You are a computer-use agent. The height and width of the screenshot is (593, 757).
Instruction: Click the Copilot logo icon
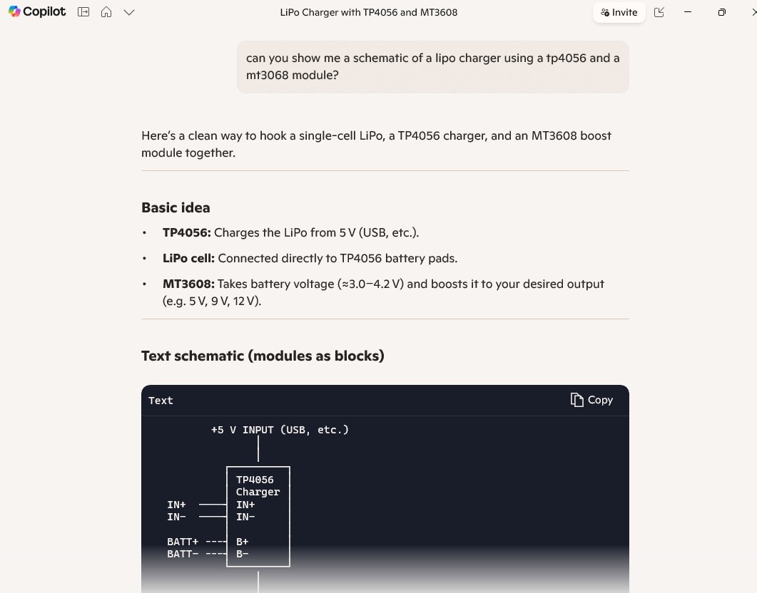pyautogui.click(x=14, y=12)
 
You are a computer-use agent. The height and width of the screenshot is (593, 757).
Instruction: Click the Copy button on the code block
pyautogui.click(x=591, y=400)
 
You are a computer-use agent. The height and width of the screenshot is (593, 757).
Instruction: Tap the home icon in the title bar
pyautogui.click(x=106, y=12)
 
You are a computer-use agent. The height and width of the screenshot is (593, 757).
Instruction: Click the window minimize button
pyautogui.click(x=687, y=12)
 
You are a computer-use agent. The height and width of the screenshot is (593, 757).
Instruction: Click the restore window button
pyautogui.click(x=721, y=12)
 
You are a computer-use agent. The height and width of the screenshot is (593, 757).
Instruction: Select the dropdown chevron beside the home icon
pyautogui.click(x=129, y=12)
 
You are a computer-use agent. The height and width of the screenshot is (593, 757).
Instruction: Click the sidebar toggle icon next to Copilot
pyautogui.click(x=83, y=12)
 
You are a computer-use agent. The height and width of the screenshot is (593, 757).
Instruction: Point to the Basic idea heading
pyautogui.click(x=176, y=208)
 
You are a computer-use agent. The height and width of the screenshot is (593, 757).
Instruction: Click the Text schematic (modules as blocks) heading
pyautogui.click(x=263, y=356)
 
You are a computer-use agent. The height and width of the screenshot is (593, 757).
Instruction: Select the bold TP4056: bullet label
pyautogui.click(x=186, y=233)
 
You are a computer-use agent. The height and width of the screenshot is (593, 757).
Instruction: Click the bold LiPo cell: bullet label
pyautogui.click(x=188, y=259)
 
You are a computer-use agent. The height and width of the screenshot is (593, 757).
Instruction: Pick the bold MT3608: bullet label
pyautogui.click(x=188, y=284)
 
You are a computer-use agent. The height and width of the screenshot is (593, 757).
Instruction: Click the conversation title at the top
pyautogui.click(x=368, y=12)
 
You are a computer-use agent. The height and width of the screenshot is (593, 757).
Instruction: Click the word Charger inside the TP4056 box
pyautogui.click(x=258, y=492)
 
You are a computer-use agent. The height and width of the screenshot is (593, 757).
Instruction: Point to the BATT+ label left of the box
pyautogui.click(x=183, y=542)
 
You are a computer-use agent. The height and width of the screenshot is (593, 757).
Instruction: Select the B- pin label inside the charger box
pyautogui.click(x=243, y=554)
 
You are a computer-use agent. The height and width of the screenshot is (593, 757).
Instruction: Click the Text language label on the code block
pyautogui.click(x=161, y=401)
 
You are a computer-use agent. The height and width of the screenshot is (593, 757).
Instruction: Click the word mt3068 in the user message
pyautogui.click(x=268, y=75)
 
